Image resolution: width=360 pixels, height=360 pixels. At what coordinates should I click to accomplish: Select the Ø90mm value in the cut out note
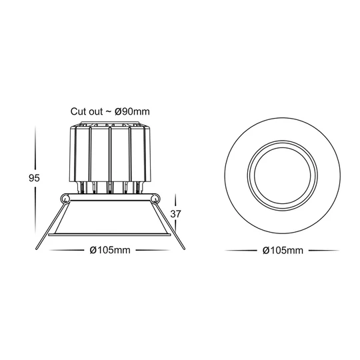coord(131,111)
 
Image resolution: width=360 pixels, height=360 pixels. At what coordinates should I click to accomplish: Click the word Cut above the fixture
coord(79,111)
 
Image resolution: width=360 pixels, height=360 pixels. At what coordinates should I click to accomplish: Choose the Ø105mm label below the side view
coord(109,251)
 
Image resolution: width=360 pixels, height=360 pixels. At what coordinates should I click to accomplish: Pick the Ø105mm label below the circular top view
coord(283,251)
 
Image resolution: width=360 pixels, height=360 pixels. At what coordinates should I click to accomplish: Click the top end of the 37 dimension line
coord(177,194)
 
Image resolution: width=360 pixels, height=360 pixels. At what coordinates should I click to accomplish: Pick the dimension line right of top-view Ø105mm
coord(323,251)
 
